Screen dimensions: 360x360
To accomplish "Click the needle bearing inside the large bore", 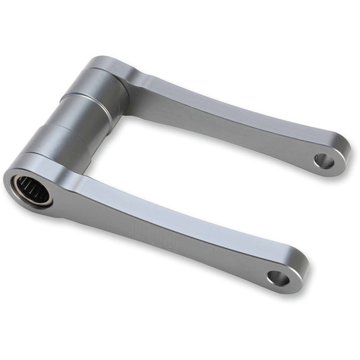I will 31,189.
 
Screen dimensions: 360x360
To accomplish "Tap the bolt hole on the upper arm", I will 324,161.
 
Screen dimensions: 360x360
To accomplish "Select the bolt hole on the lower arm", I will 278,277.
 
